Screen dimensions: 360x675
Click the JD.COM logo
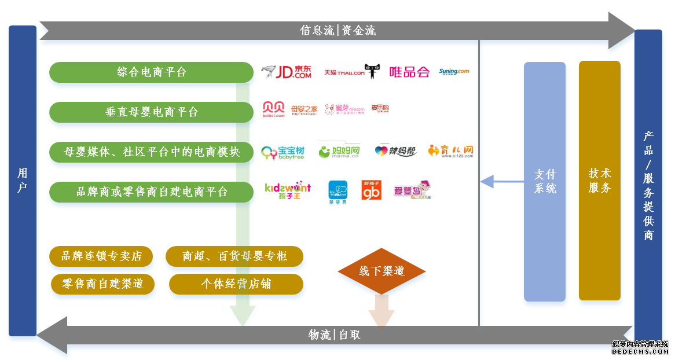tap(286, 72)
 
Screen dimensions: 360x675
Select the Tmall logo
tap(352, 72)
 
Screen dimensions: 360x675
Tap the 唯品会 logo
tap(409, 72)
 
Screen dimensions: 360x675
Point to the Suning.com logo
tap(454, 72)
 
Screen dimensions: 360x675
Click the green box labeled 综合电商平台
tap(151, 72)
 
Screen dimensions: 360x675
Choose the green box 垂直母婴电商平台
tap(151, 112)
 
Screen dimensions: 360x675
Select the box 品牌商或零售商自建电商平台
tap(151, 192)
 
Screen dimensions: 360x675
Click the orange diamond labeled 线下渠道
tap(381, 271)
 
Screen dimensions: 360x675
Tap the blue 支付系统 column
tap(544, 181)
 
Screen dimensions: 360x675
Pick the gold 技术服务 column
tap(599, 181)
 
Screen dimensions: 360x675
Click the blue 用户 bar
tap(23, 181)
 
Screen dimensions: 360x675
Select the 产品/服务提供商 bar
tap(648, 185)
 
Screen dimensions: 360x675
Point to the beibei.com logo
tap(274, 109)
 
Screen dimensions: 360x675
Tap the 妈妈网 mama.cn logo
tap(339, 152)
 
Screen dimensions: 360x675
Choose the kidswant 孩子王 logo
tap(287, 191)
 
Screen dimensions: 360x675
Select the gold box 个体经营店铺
tap(236, 284)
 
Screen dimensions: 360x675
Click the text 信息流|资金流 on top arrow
tap(337, 31)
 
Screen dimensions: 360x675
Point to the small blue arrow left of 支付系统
tap(501, 181)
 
